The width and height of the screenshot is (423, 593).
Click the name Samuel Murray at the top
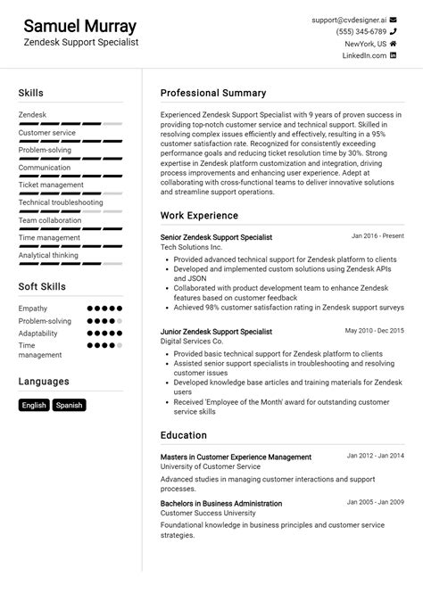(x=79, y=26)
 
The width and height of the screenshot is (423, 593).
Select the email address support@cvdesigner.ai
(x=348, y=19)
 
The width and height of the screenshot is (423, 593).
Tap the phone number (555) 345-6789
(x=361, y=31)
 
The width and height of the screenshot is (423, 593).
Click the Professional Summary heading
(x=212, y=93)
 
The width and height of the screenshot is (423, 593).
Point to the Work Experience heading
(x=199, y=215)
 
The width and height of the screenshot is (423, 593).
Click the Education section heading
(x=183, y=435)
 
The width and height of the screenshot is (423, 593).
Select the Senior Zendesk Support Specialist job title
(x=216, y=237)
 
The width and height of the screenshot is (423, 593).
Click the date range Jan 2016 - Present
(x=377, y=236)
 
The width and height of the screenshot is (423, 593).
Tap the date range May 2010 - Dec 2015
(x=374, y=330)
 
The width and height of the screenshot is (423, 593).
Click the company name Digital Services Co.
(x=191, y=341)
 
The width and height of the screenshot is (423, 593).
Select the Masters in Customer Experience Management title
(x=236, y=457)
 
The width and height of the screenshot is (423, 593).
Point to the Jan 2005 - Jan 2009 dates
(x=376, y=502)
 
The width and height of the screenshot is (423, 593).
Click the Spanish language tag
(x=69, y=405)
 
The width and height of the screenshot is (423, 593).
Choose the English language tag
(x=34, y=405)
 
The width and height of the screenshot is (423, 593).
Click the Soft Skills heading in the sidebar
(x=41, y=286)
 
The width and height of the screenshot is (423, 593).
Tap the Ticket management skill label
(x=51, y=185)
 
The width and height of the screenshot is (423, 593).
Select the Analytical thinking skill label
(x=48, y=255)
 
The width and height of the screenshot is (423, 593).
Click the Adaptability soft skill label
(x=38, y=333)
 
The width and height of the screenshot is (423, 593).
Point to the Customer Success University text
(x=207, y=514)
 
